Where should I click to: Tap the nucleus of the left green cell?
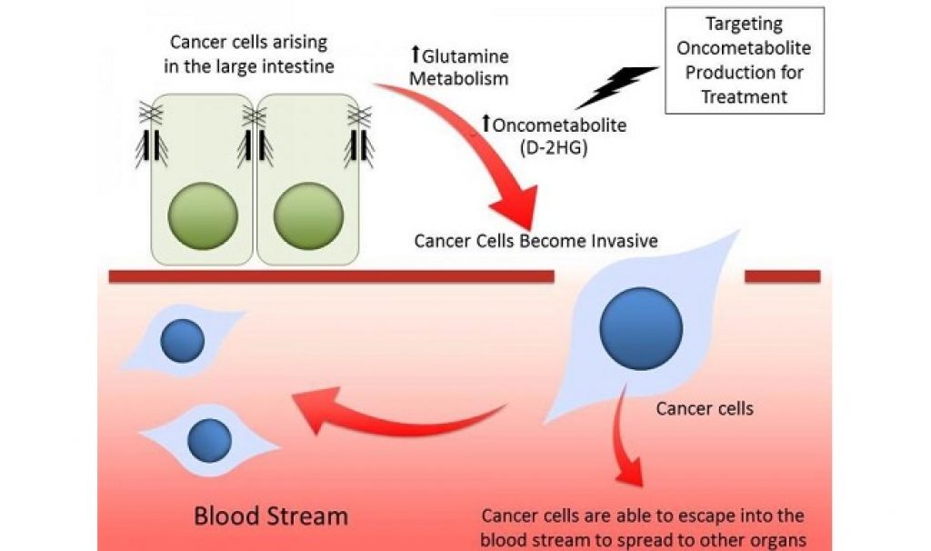[203, 216]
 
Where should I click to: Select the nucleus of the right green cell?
[308, 216]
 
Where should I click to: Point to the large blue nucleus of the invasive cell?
[641, 328]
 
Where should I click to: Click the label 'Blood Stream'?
[271, 516]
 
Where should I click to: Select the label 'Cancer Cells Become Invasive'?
[536, 241]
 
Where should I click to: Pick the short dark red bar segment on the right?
[782, 276]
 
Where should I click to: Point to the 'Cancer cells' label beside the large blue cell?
[705, 408]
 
